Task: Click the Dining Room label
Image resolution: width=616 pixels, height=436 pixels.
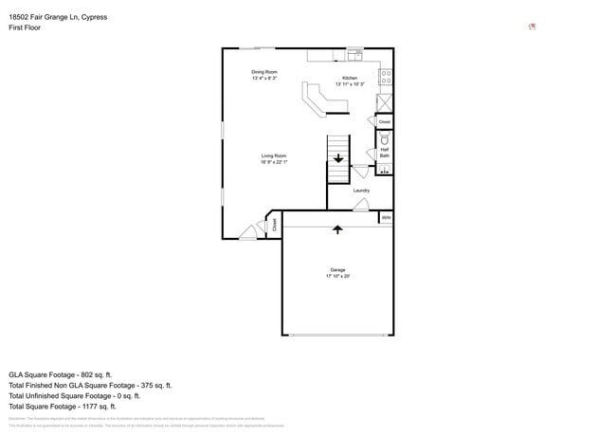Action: pyautogui.click(x=264, y=72)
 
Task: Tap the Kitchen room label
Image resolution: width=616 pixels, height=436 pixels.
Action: pyautogui.click(x=350, y=78)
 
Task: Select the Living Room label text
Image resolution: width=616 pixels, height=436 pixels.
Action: pyautogui.click(x=274, y=155)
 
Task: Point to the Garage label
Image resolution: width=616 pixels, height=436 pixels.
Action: pyautogui.click(x=337, y=269)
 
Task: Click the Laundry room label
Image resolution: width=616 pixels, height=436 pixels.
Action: pyautogui.click(x=361, y=191)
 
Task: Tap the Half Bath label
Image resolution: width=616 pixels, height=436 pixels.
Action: pyautogui.click(x=385, y=152)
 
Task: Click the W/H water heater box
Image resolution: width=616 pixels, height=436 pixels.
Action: pyautogui.click(x=386, y=218)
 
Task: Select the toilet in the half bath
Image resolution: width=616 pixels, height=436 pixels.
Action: pyautogui.click(x=385, y=138)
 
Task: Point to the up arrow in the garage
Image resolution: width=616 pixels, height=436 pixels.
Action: pyautogui.click(x=337, y=228)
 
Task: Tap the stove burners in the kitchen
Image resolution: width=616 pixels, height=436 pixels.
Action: pyautogui.click(x=386, y=76)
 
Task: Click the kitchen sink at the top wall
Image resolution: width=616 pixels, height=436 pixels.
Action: pyautogui.click(x=355, y=53)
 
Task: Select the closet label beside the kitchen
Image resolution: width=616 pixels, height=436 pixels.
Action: pyautogui.click(x=384, y=122)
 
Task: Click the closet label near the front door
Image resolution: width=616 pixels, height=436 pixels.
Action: pyautogui.click(x=275, y=225)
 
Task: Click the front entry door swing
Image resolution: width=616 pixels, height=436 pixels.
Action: pyautogui.click(x=248, y=230)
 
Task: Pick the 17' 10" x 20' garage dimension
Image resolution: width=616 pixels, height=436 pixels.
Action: pyautogui.click(x=337, y=276)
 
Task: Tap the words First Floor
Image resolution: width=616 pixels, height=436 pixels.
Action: pyautogui.click(x=25, y=28)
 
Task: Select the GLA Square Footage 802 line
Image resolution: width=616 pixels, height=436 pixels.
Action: pyautogui.click(x=60, y=374)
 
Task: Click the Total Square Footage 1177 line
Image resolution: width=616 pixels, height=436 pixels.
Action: pyautogui.click(x=67, y=407)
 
